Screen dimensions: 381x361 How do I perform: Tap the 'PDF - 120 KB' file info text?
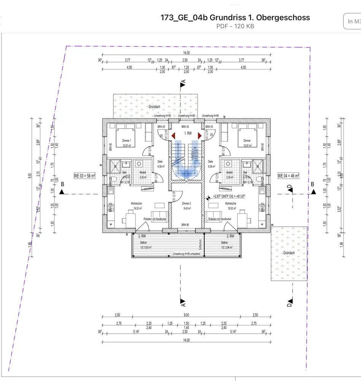point(235,26)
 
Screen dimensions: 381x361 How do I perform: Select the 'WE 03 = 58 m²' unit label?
point(84,176)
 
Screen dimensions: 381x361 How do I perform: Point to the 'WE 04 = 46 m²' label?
point(288,176)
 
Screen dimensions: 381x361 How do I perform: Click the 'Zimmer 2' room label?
point(186,204)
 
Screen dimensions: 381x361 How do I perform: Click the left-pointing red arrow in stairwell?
point(173,135)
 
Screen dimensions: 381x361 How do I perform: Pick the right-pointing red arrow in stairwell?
point(199,135)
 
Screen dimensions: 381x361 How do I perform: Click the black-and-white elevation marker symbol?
point(208,198)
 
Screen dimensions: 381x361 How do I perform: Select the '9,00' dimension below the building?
point(186,315)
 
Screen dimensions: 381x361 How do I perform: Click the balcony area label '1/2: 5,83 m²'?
point(143,247)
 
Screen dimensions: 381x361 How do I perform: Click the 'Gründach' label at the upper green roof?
point(154,107)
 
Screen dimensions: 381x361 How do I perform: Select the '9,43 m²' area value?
point(186,208)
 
